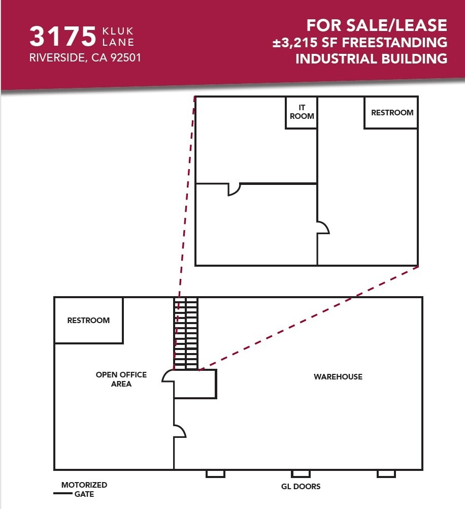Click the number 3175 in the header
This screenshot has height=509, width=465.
click(62, 37)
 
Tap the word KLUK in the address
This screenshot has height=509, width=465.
click(117, 31)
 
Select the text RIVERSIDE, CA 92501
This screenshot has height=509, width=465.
click(85, 58)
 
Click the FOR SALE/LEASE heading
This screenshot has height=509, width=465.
click(376, 25)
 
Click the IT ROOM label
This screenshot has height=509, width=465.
click(302, 112)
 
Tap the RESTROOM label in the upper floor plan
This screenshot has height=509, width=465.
click(392, 112)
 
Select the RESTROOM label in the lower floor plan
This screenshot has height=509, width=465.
click(88, 320)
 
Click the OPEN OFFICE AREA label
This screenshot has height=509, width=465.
click(121, 379)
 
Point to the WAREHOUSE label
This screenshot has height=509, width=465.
click(338, 376)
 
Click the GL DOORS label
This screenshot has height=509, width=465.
click(301, 486)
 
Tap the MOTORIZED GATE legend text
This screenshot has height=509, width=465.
click(84, 489)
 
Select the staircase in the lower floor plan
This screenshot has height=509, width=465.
click(186, 333)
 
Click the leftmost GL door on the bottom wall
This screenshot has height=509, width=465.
click(215, 473)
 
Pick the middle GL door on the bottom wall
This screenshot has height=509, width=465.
click(301, 473)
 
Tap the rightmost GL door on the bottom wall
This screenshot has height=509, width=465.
click(386, 473)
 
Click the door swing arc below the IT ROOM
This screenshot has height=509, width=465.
click(234, 189)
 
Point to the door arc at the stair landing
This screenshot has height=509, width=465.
click(168, 376)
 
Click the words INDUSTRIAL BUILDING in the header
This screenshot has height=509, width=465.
click(371, 58)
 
